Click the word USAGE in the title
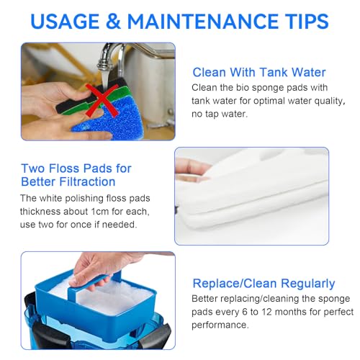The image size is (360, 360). click(x=65, y=22)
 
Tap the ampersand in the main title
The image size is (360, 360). click(x=113, y=22)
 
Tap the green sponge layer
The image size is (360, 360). click(x=101, y=101)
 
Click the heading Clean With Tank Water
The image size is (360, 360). click(x=259, y=73)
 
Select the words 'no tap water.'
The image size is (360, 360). click(x=220, y=114)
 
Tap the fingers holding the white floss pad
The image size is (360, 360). click(x=192, y=168)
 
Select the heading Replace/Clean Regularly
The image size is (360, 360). click(x=264, y=284)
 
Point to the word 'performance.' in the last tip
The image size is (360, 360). click(x=220, y=325)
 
